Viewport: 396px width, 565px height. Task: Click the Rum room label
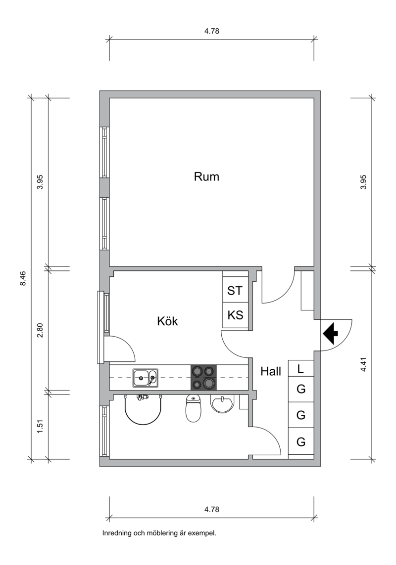[206, 176]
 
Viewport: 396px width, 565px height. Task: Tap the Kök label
[167, 321]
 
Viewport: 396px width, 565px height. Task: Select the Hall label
[271, 371]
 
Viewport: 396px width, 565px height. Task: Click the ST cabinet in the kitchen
[235, 290]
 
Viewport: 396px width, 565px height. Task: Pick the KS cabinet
[235, 315]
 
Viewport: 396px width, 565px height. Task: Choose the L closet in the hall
[300, 369]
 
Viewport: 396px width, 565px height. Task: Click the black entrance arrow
[330, 334]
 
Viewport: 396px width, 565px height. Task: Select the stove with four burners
[203, 377]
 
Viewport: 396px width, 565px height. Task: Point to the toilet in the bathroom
[193, 408]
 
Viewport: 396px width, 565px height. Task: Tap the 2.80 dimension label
[40, 330]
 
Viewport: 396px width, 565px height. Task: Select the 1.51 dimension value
[40, 427]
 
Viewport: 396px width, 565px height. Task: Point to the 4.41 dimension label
[363, 364]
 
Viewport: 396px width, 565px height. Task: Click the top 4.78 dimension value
[211, 31]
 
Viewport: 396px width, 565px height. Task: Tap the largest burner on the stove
[209, 383]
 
